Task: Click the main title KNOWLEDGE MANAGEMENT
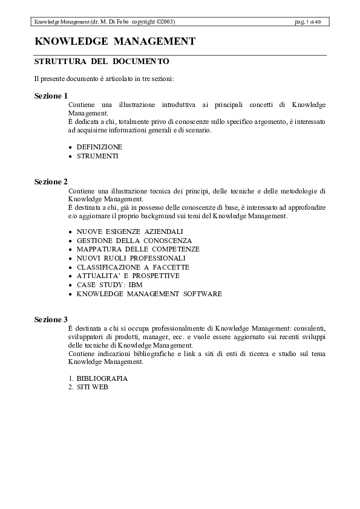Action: click(x=115, y=42)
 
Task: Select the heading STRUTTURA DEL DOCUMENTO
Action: click(x=102, y=62)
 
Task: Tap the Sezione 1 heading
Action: click(x=51, y=96)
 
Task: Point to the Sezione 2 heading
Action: click(x=51, y=181)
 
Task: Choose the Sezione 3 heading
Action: click(x=51, y=319)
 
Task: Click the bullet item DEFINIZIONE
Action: click(x=99, y=147)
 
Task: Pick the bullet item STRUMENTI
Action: click(x=97, y=156)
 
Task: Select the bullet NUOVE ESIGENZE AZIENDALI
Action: click(x=129, y=232)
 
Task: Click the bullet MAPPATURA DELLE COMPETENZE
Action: click(x=138, y=249)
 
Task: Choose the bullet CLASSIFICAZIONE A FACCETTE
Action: click(x=133, y=267)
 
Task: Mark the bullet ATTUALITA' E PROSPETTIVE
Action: click(x=128, y=276)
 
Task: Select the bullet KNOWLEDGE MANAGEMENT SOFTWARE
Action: click(x=149, y=294)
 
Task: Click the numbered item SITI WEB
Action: click(x=92, y=387)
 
